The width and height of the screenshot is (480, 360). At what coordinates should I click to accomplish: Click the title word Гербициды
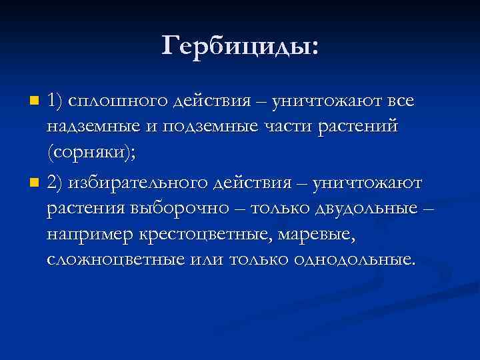pyautogui.click(x=240, y=46)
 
